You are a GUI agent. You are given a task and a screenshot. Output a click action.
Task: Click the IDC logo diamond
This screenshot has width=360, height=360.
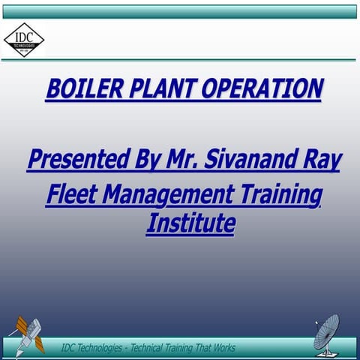pos(24,39)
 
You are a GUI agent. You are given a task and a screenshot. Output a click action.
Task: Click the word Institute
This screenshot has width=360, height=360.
pos(190,223)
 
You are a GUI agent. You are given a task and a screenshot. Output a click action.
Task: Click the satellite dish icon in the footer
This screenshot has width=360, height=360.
pos(328,333)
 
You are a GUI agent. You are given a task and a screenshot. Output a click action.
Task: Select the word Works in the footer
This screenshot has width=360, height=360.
pos(223,348)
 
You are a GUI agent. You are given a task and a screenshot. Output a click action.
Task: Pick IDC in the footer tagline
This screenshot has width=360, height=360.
pos(68,348)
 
